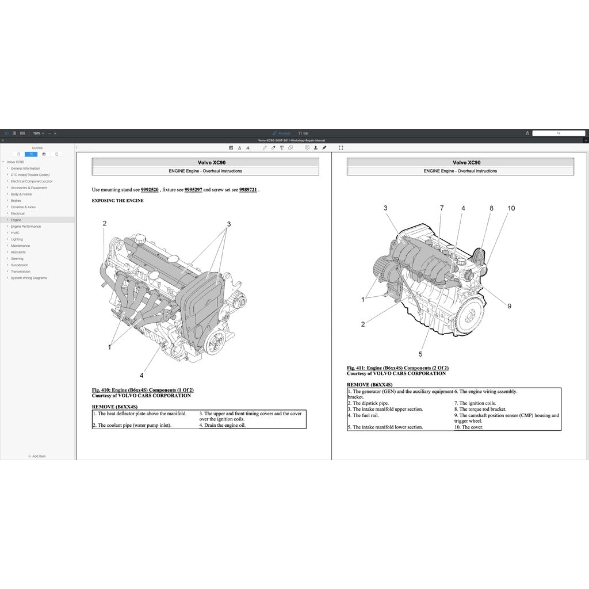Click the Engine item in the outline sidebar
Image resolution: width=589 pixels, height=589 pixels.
pos(16,220)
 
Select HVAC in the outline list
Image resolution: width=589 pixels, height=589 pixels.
pos(15,233)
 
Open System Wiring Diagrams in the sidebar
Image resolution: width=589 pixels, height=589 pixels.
pos(29,278)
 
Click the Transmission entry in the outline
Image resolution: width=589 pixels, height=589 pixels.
pos(20,271)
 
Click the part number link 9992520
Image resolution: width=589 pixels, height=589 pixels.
pos(150,189)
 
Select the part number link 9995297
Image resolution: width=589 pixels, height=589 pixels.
pos(193,189)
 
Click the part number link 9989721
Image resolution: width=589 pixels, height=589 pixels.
pos(248,189)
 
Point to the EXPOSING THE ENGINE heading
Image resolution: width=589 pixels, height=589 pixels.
pos(117,201)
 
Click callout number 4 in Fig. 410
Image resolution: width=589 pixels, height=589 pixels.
pos(141,375)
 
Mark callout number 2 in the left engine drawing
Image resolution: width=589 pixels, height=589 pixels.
pos(105,223)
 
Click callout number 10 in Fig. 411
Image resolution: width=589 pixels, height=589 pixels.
pos(511,208)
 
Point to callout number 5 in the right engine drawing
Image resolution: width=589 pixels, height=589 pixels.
pos(420,354)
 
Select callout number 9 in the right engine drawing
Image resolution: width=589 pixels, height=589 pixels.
pos(509,306)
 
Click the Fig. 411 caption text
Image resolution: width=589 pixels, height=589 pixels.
pos(397,368)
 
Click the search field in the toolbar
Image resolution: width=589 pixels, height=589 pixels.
pos(558,133)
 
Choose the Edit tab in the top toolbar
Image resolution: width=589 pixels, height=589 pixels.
pos(304,133)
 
